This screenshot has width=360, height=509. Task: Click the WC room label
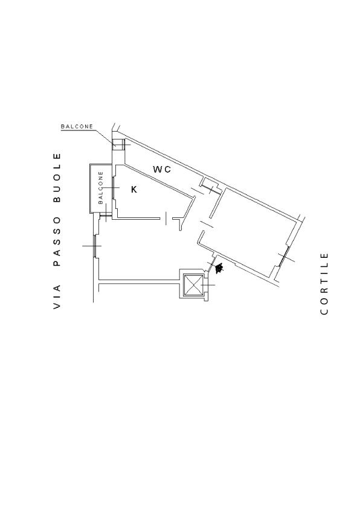coord(162,169)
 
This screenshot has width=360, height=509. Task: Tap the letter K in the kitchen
coord(134,189)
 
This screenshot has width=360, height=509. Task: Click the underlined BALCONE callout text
coord(77,127)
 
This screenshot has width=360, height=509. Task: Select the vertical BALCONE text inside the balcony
coord(100,188)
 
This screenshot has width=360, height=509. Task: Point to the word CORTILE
coord(324,283)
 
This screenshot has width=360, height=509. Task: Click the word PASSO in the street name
coord(57,242)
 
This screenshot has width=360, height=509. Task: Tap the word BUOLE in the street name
coord(57,178)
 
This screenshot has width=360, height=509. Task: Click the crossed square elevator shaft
coord(193,284)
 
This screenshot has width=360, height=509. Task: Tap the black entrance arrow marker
coord(219,269)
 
